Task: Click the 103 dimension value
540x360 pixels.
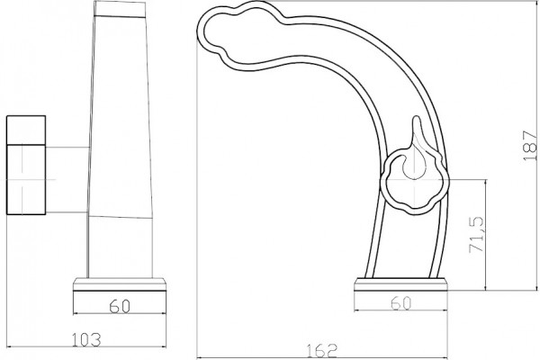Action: [86, 339]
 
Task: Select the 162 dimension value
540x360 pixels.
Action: [321, 351]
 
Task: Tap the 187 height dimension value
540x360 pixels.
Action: [530, 145]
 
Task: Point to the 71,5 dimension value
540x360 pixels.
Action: [477, 235]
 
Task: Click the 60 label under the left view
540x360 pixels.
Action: [120, 306]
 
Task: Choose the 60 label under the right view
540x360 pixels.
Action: [401, 303]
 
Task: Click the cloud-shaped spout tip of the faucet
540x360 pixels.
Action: [241, 36]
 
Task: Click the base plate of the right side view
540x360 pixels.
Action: [400, 284]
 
